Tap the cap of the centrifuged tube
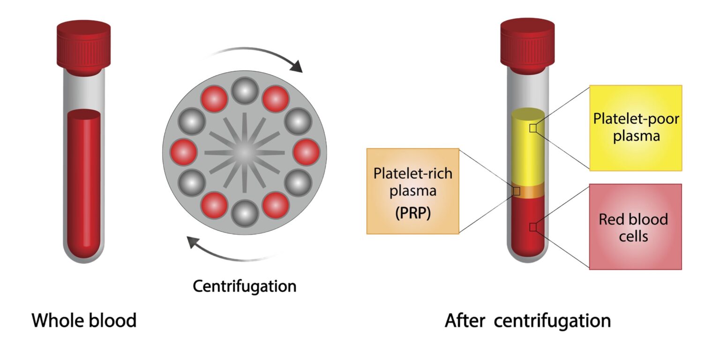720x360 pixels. pos(527,47)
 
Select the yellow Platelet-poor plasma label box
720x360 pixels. pos(636,127)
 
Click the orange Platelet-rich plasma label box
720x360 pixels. pos(412,191)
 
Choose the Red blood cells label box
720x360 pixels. pos(635,226)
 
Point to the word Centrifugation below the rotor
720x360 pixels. pos(245,286)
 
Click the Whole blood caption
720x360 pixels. pos(84,321)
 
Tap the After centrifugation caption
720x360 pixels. pos(527,321)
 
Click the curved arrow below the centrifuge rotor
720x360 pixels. pos(225,253)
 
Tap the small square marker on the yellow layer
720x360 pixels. pos(532,128)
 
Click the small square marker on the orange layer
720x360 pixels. pos(517,191)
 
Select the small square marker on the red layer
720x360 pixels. pos(532,227)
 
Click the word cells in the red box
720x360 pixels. pos(633,235)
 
